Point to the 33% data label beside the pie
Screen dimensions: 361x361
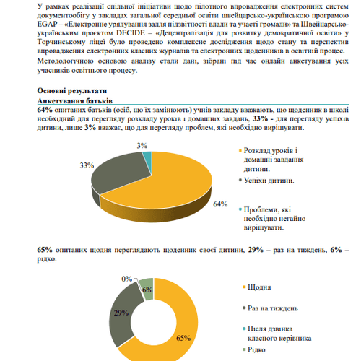click(87, 165)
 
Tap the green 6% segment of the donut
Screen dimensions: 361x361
click(147, 287)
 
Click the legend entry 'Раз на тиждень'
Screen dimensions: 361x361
click(272, 308)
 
